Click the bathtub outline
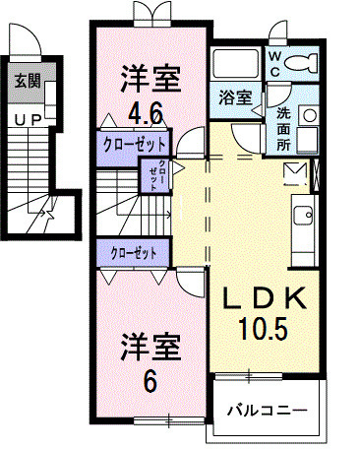pos(236,64)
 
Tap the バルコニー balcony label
pos(267,409)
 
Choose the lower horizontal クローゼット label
pos(134,253)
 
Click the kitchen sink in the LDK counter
pos(303,214)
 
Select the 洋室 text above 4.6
pos(150,74)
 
